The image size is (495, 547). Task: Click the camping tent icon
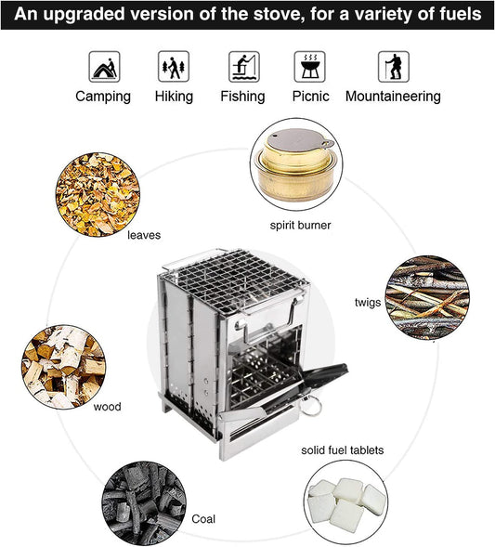pos(103,67)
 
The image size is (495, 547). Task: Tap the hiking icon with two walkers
pos(174,67)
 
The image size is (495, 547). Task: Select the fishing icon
pos(243,67)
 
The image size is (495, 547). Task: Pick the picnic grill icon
pos(309,67)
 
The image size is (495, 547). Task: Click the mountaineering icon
pos(393,67)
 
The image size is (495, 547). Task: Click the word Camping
pos(103,97)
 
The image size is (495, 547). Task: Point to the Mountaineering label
pos(393,97)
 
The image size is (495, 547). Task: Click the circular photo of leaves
pos(98,194)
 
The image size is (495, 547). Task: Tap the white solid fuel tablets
pos(345,505)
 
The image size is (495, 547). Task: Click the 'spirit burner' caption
pos(300,225)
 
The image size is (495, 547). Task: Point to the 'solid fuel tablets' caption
pos(342,450)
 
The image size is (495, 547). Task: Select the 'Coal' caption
pos(203,519)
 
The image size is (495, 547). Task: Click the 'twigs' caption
pos(367,303)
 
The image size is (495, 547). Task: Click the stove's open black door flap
pos(326,376)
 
